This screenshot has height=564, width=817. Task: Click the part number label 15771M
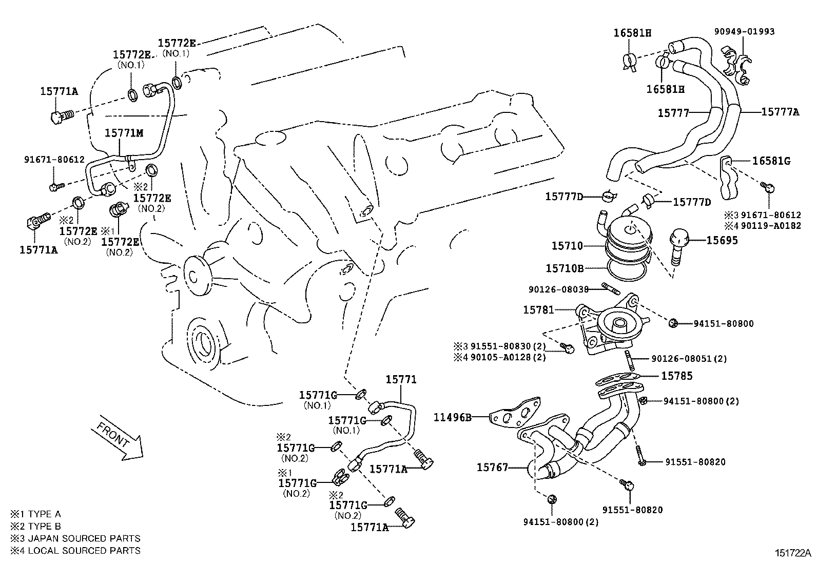(124, 133)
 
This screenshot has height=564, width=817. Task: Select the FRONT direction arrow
(119, 438)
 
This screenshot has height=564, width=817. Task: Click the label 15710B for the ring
(564, 268)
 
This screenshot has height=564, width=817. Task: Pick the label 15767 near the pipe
(492, 467)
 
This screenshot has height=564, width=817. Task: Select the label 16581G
(771, 161)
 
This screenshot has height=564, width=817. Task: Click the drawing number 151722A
(793, 553)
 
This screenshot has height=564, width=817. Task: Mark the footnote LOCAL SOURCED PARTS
(84, 550)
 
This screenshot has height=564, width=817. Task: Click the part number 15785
(676, 376)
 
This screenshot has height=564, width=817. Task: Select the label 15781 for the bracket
(538, 310)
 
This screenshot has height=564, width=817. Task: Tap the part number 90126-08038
(558, 289)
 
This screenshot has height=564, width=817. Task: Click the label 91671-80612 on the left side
(54, 160)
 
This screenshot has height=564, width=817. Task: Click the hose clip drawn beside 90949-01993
(736, 64)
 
